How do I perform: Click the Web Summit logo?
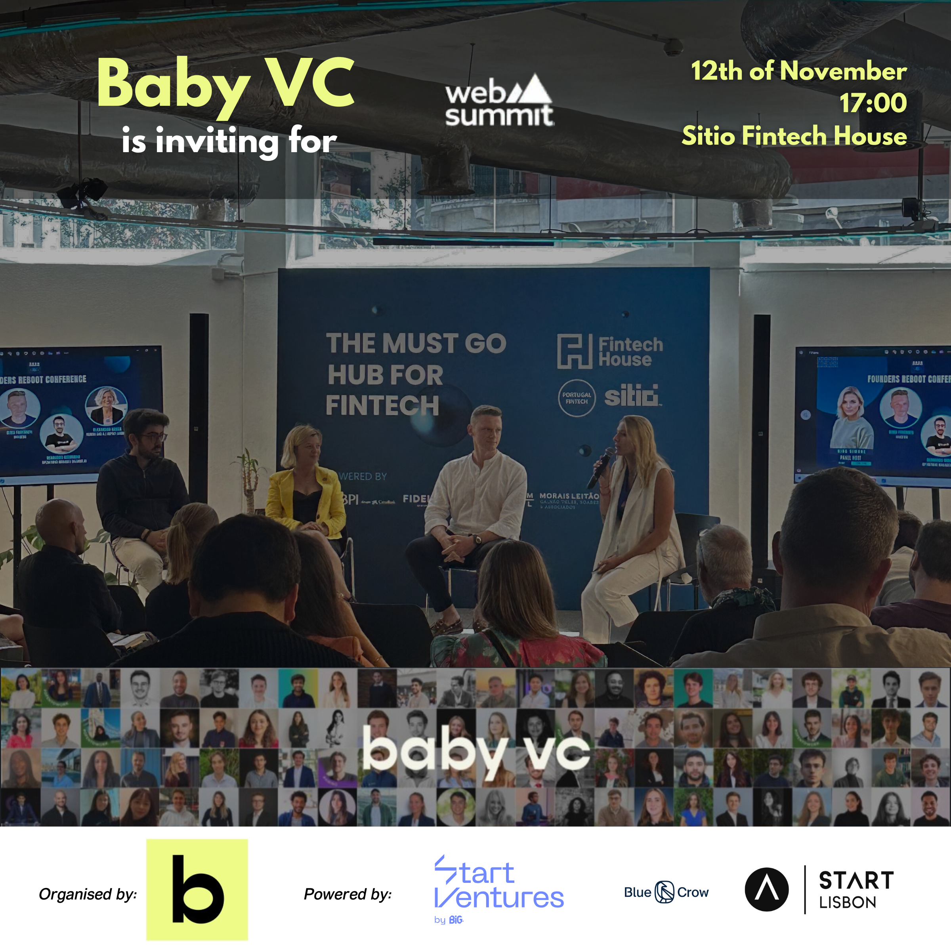(499, 101)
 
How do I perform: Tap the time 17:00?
(873, 103)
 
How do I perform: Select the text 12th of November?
(798, 71)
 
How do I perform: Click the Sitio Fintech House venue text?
(793, 136)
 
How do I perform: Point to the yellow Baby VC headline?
(225, 84)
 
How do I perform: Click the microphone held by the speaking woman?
(601, 467)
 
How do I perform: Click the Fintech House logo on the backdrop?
(609, 351)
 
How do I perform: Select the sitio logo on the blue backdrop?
(631, 395)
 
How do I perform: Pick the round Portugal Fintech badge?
(577, 398)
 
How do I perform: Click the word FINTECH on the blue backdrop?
(382, 406)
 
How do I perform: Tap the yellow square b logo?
(197, 890)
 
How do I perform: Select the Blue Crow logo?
(666, 892)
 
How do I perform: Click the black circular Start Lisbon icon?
(766, 890)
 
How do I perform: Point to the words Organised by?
(88, 894)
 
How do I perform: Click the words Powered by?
(348, 894)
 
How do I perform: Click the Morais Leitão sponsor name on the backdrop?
(569, 496)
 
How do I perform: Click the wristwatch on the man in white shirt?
(477, 539)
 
